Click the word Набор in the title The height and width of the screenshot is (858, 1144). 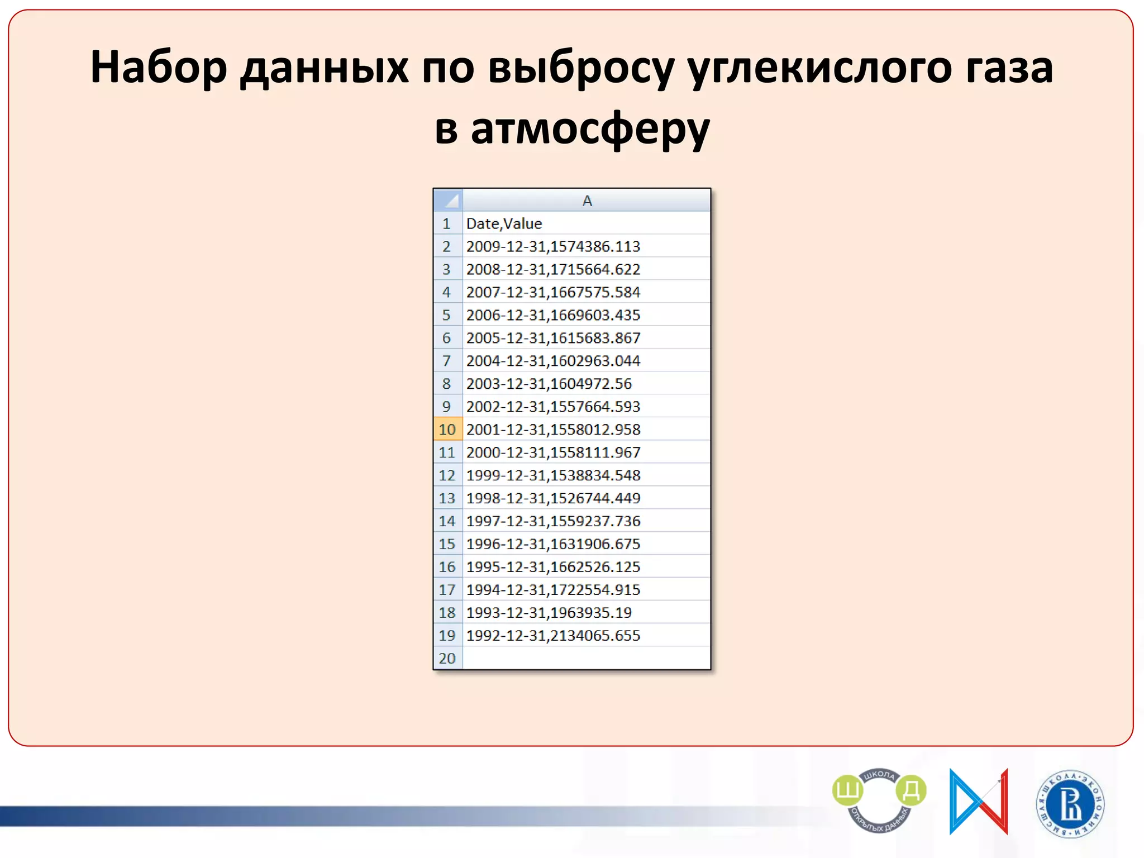tap(159, 67)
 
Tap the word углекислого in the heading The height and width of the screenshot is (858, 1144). tap(819, 68)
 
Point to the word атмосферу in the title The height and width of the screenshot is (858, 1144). tap(590, 130)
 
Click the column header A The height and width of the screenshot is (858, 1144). tap(587, 201)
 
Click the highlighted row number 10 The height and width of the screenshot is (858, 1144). tap(447, 430)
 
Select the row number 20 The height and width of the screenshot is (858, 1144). tap(447, 659)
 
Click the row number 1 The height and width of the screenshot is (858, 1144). tap(447, 223)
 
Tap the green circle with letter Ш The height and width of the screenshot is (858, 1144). tap(847, 790)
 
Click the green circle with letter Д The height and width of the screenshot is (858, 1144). tap(911, 790)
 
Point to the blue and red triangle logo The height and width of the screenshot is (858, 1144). tap(978, 802)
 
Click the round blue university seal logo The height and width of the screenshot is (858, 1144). tap(1070, 804)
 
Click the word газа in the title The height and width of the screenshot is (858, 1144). tap(1009, 67)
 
